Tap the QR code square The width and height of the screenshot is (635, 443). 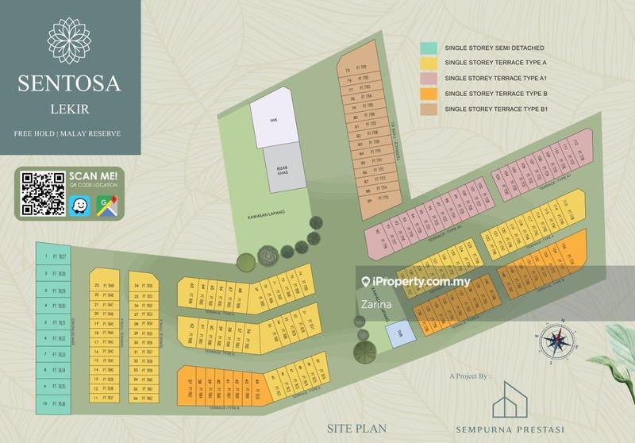pos(42,194)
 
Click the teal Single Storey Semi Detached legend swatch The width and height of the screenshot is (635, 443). pos(429,48)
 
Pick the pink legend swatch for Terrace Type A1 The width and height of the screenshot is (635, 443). pos(429,78)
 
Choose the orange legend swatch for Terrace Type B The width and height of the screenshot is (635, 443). pos(429,94)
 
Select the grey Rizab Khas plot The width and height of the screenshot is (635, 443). pos(283,166)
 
